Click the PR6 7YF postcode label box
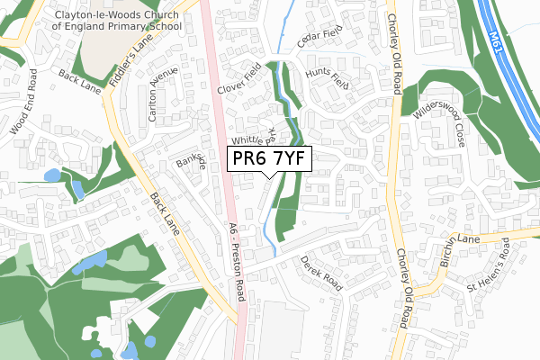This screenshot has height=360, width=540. [x=270, y=159]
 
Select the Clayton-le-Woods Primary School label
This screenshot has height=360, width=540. [x=118, y=21]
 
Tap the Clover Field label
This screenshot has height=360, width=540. [x=239, y=80]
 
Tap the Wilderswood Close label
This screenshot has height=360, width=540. [x=440, y=127]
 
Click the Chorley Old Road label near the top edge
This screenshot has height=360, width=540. [x=394, y=53]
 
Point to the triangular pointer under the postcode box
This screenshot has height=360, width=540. [x=270, y=176]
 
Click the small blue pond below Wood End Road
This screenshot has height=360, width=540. [x=78, y=189]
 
